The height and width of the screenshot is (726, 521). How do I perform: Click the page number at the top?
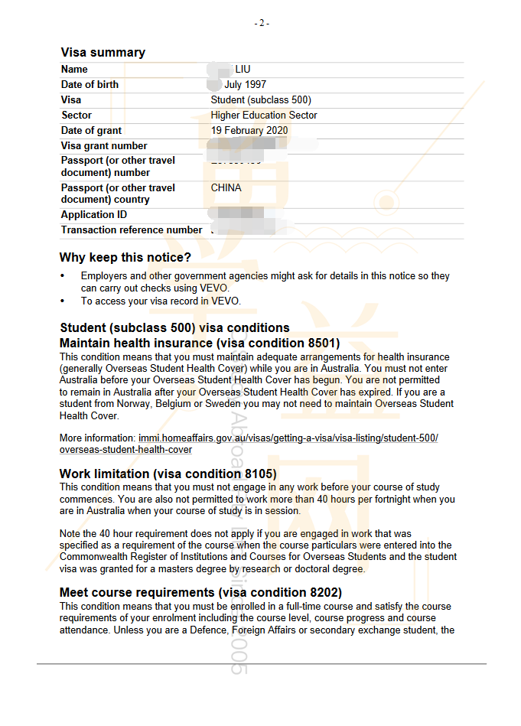click(262, 23)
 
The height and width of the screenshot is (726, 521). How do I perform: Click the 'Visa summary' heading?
click(103, 52)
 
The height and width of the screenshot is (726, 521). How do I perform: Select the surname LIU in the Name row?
click(243, 70)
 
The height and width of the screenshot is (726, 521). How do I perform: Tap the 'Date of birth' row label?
click(90, 85)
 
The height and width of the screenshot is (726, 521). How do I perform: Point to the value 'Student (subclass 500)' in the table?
click(261, 100)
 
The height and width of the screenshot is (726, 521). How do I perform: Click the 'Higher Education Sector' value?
click(264, 116)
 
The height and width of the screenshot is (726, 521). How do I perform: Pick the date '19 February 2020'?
click(249, 131)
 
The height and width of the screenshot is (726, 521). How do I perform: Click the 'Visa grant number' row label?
click(104, 146)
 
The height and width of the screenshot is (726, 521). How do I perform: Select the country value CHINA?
click(226, 188)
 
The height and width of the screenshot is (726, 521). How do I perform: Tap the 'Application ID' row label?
click(94, 215)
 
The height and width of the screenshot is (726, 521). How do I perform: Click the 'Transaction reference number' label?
click(132, 230)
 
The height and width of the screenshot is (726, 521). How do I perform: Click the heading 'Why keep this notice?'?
click(125, 258)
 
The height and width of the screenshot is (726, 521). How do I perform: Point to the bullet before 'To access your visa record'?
click(63, 301)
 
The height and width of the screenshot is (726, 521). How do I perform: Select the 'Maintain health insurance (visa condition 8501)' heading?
click(200, 343)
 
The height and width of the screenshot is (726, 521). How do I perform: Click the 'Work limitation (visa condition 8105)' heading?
click(168, 474)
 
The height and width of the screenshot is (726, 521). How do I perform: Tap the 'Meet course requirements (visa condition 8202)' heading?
click(200, 593)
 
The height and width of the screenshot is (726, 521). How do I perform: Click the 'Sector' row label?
click(77, 116)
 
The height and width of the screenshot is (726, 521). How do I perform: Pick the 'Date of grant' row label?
click(91, 131)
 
